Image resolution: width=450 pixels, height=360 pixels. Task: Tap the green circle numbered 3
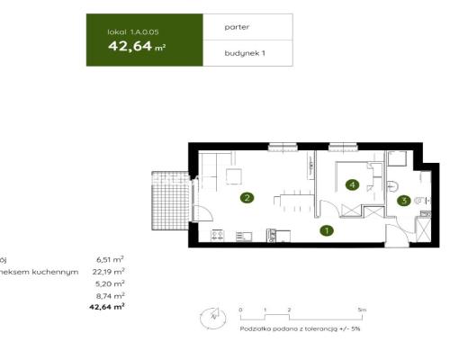tap(405, 201)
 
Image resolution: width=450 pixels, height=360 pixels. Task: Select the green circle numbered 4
tap(353, 186)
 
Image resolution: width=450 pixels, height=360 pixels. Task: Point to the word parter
tap(237, 28)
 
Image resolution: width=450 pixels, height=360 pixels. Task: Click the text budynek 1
tap(245, 54)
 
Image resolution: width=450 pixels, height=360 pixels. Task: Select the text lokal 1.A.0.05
tap(132, 31)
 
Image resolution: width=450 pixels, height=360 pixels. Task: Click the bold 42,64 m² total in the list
tap(106, 306)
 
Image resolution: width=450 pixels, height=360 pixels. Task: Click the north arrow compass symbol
tap(212, 316)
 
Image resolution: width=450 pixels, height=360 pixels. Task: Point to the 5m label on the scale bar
tap(362, 309)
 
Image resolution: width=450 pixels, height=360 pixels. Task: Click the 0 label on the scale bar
tap(241, 309)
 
